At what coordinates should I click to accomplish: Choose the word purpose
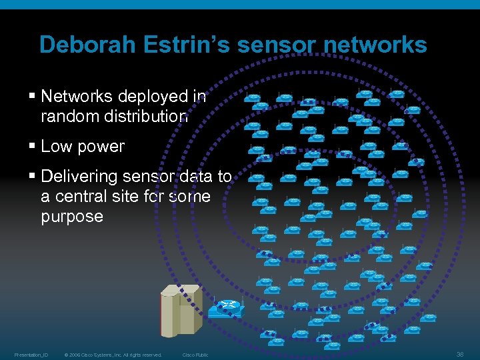coord(72,217)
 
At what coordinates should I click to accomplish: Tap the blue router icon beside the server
coord(227,308)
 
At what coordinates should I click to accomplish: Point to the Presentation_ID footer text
coord(31,355)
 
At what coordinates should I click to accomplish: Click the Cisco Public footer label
coord(195,355)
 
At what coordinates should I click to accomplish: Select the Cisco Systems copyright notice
coord(113,355)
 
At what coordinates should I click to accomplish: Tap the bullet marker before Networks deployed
coord(33,97)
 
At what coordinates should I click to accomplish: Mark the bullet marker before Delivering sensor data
coord(33,177)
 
